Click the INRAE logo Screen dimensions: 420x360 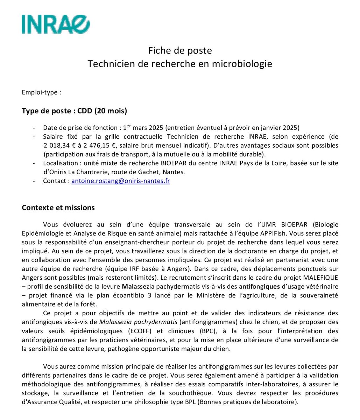[56, 24]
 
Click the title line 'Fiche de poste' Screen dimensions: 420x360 [180, 51]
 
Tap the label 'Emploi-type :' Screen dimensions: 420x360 [42, 92]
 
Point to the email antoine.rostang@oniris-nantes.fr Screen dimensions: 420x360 [120, 181]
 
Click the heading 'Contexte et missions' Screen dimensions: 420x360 [58, 208]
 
